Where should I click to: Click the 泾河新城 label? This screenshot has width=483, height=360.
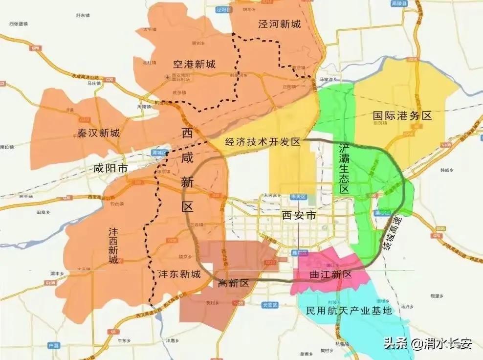click(x=279, y=23)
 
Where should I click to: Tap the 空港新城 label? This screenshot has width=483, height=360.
click(x=194, y=64)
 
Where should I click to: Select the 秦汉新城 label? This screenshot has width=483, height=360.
click(x=98, y=133)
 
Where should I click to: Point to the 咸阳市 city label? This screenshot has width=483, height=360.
click(x=110, y=169)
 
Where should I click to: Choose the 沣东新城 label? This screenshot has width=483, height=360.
click(x=179, y=274)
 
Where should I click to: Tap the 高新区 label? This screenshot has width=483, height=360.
click(x=233, y=283)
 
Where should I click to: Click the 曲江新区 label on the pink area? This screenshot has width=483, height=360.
click(x=331, y=274)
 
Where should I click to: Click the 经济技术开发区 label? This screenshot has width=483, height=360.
click(x=262, y=142)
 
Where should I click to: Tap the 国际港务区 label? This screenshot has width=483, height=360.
click(x=402, y=116)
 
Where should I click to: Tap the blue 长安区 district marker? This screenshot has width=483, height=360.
click(x=270, y=304)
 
